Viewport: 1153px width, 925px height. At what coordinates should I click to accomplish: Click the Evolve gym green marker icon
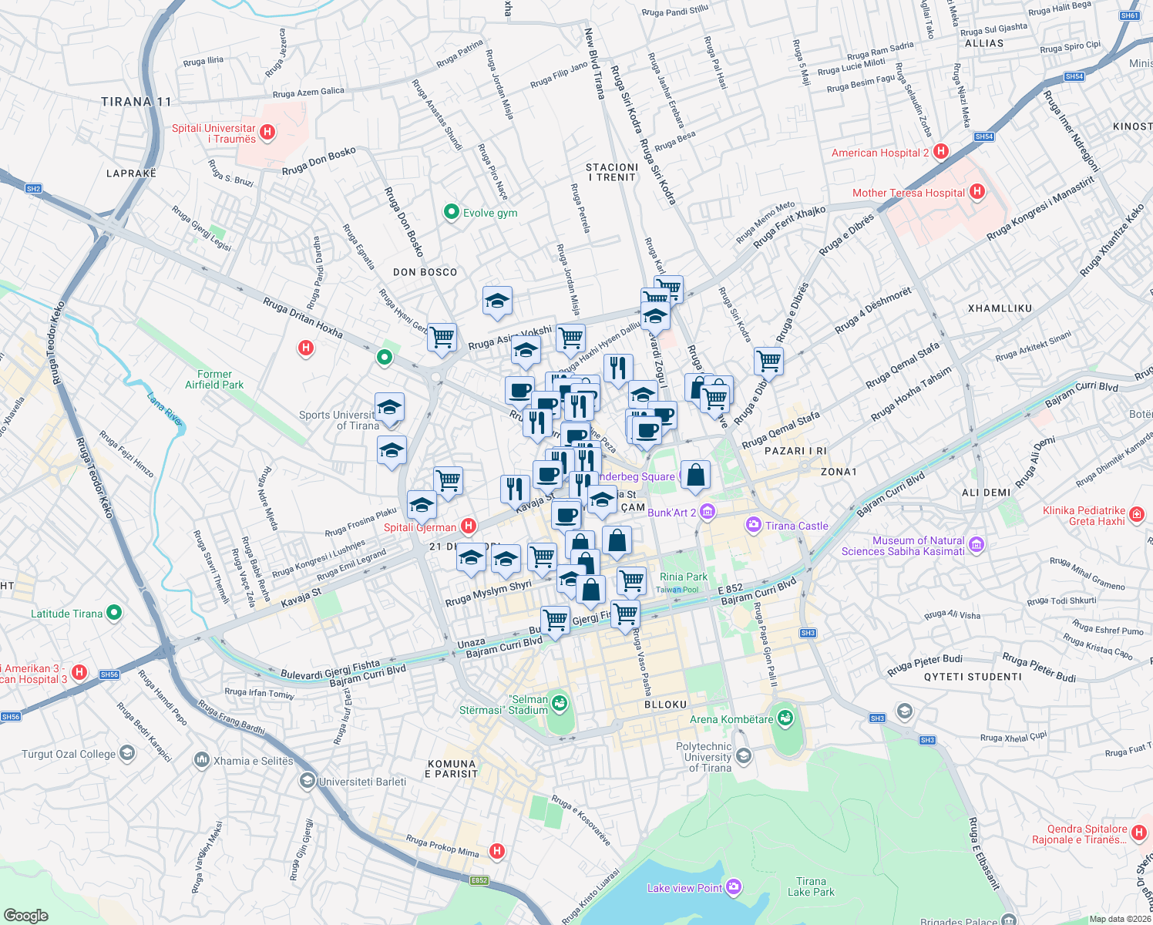(x=452, y=212)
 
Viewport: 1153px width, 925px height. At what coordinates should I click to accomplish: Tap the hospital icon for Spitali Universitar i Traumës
(x=267, y=133)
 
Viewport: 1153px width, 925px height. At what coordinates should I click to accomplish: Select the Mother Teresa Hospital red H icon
(x=977, y=192)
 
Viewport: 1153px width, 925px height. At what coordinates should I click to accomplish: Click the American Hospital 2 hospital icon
(x=940, y=152)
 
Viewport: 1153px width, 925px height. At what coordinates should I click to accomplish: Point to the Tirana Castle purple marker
(x=753, y=525)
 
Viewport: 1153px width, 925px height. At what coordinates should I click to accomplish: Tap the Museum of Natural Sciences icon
(x=977, y=545)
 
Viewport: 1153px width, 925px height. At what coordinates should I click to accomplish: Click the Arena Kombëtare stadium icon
(x=785, y=718)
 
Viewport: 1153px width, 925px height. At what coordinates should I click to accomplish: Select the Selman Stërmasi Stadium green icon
(x=560, y=703)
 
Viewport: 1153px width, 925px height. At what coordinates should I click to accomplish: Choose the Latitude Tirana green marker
(x=114, y=613)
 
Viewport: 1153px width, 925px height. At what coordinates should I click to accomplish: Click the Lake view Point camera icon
(x=734, y=887)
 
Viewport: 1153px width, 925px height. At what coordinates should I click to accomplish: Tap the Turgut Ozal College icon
(x=127, y=753)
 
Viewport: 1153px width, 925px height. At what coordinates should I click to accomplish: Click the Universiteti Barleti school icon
(x=307, y=781)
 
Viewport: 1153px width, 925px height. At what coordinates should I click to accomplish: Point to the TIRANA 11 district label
(x=136, y=102)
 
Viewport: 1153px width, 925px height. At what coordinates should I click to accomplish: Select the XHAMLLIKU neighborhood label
(x=1000, y=308)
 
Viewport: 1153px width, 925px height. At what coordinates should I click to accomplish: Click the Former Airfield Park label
(x=214, y=379)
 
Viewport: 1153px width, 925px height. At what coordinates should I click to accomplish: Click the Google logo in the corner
(x=26, y=915)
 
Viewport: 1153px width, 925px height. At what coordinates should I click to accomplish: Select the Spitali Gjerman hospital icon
(x=467, y=526)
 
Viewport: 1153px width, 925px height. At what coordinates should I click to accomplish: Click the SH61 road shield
(x=1129, y=15)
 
